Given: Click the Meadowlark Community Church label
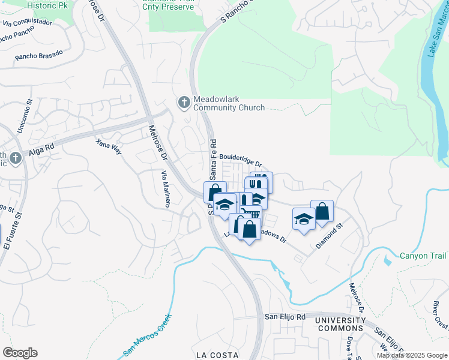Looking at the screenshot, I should [x=229, y=103].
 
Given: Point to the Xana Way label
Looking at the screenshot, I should [x=109, y=147].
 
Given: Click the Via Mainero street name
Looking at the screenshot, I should [x=165, y=188].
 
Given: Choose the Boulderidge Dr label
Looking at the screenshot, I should [x=241, y=160].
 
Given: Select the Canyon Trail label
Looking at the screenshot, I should [x=423, y=256].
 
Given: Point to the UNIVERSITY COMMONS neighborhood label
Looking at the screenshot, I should [x=340, y=324].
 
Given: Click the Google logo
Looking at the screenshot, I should [x=20, y=353].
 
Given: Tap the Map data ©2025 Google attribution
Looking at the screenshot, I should [x=411, y=355].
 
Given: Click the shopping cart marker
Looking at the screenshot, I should [x=253, y=214].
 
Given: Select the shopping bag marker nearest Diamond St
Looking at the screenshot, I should [x=322, y=211].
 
